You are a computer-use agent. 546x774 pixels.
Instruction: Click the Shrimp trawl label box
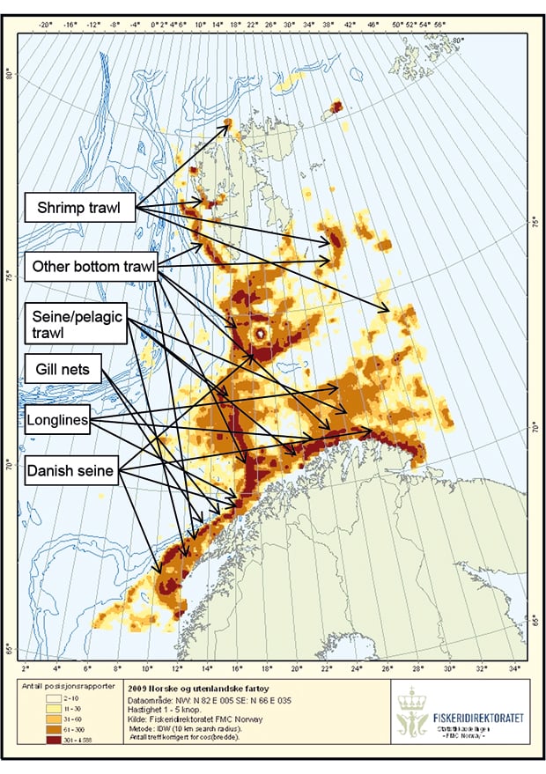(80, 209)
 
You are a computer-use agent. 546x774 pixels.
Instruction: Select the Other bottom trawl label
(88, 266)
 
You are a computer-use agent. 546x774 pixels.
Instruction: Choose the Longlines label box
(57, 421)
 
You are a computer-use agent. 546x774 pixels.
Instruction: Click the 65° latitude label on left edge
(10, 650)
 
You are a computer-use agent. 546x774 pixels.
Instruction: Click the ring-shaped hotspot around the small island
(260, 335)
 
